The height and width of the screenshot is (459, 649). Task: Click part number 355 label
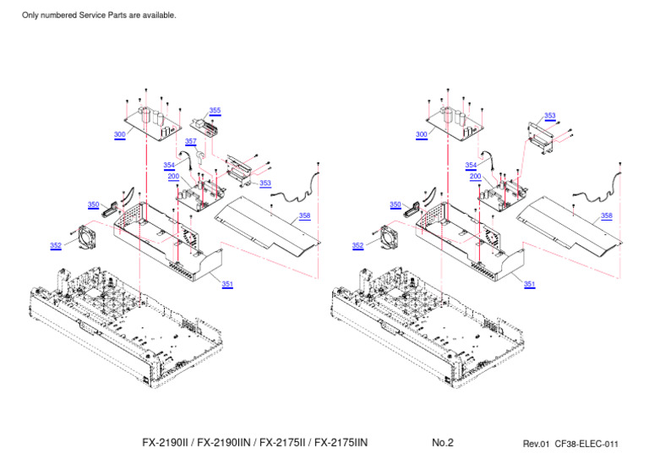point(215,111)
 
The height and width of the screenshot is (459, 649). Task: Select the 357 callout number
point(191,141)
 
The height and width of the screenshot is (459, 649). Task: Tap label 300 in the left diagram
point(119,134)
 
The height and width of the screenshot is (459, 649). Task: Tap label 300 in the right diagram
point(421,134)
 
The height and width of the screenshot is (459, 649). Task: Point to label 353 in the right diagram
point(550,116)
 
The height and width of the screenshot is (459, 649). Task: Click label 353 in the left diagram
point(265,183)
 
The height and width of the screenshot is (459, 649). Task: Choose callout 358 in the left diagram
point(304,216)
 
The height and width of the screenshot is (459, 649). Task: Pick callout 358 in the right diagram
point(606,216)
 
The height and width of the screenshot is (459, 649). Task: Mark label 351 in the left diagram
point(227,284)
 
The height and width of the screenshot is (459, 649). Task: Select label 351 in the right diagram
point(529,284)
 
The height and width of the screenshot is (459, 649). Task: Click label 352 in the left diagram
point(55,246)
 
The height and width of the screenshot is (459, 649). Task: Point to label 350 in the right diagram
point(395,205)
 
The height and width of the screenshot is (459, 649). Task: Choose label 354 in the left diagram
point(169,166)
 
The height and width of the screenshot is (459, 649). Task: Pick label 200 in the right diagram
point(475,176)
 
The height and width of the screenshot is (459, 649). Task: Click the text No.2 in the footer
point(443,443)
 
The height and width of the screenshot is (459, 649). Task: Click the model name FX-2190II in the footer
point(166,443)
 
